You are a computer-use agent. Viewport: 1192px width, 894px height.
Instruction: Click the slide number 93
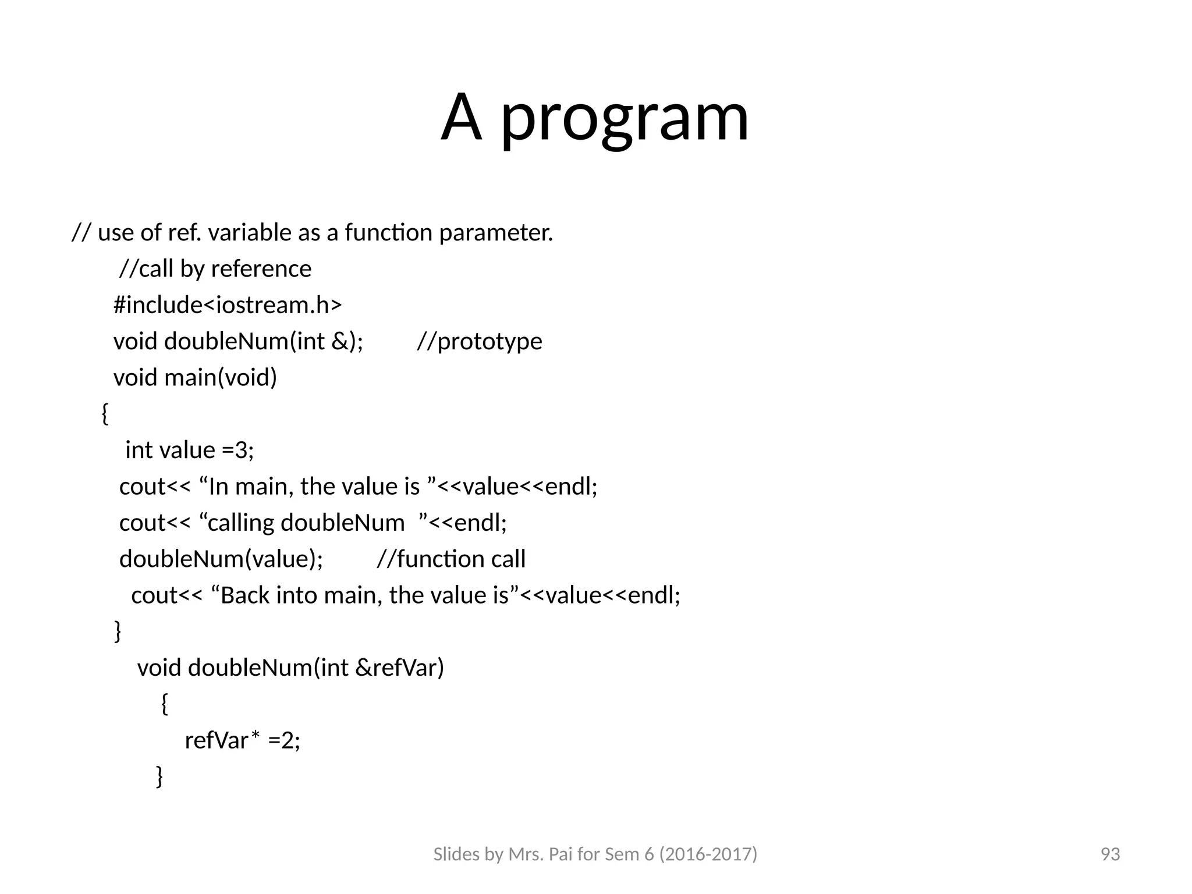1110,854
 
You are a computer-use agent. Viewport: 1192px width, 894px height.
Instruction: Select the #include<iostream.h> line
228,305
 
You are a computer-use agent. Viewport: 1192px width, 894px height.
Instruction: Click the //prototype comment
480,342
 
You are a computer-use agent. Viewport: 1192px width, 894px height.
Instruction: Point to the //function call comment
451,559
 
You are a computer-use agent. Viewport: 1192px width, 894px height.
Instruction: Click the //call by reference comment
215,269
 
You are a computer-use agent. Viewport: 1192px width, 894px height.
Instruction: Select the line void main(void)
195,378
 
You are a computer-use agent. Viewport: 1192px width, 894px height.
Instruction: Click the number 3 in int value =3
241,450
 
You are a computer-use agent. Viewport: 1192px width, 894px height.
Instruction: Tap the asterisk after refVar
256,736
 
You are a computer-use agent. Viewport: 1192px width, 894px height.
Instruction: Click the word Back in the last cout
245,595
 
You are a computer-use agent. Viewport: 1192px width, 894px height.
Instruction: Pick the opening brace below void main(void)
105,414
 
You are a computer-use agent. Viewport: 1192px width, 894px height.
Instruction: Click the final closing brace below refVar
159,776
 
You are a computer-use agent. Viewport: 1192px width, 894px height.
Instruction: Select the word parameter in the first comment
495,233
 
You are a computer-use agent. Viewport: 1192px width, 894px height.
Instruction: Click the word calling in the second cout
241,523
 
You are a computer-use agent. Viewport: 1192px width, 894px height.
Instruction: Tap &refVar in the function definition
399,668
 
